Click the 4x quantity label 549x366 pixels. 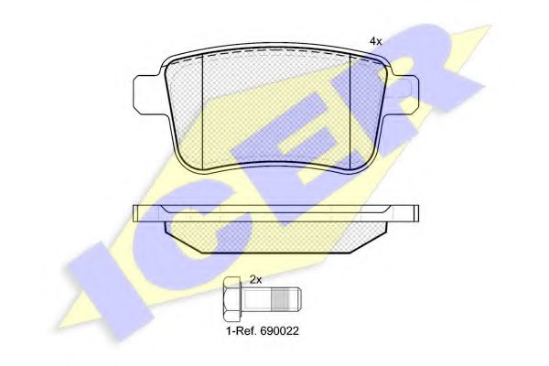click(376, 41)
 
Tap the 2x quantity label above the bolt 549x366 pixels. click(255, 279)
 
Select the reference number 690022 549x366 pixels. click(279, 331)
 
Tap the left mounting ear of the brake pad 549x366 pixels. click(148, 94)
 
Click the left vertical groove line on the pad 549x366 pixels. click(203, 111)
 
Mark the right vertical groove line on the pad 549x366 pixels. click(350, 111)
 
